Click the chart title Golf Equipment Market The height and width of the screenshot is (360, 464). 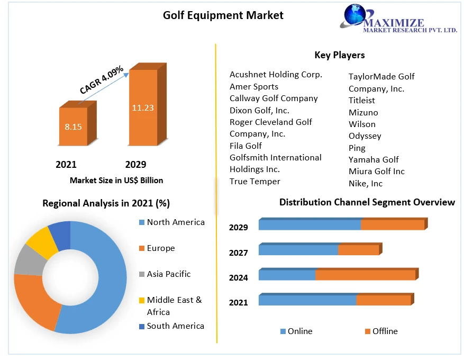[x=223, y=15]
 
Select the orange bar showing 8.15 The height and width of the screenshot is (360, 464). [x=73, y=127]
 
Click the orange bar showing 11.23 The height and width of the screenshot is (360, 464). [x=142, y=107]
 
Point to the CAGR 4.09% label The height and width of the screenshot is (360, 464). [x=102, y=80]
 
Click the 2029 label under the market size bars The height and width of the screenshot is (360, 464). [x=135, y=164]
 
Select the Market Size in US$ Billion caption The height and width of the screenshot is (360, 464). [x=116, y=181]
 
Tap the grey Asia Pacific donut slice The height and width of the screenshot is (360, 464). [x=28, y=261]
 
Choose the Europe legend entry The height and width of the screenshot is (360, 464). [x=160, y=248]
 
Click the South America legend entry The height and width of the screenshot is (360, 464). [x=175, y=326]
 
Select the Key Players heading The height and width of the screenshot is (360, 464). [x=339, y=55]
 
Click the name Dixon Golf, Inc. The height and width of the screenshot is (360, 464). [x=259, y=110]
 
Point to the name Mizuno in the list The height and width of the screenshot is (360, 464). [x=363, y=112]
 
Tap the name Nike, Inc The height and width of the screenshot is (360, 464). [x=365, y=183]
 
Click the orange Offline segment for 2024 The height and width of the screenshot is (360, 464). [x=365, y=275]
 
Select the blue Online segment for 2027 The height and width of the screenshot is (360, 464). [x=298, y=250]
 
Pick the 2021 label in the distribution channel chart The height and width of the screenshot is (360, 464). [x=238, y=303]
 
